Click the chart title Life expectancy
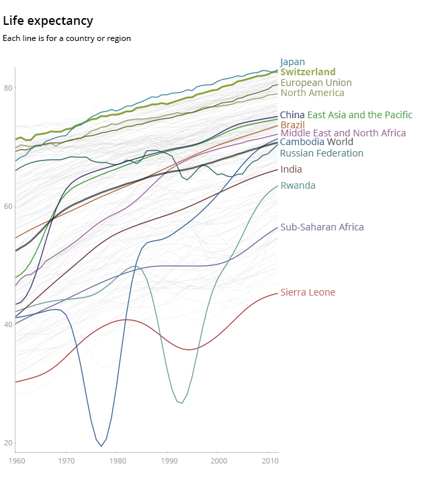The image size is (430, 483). point(48,21)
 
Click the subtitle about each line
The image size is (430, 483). point(67,38)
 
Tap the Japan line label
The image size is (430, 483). point(292,62)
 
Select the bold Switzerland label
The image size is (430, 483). point(308,72)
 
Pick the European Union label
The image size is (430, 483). point(316,83)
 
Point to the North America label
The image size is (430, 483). point(312,93)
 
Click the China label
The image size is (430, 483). point(292,115)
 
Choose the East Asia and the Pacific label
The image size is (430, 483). point(359,115)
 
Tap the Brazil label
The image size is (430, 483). point(292,125)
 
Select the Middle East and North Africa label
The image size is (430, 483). point(343,133)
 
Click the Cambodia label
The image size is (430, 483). point(302,142)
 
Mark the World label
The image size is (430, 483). point(340,142)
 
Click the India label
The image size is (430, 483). point(291,169)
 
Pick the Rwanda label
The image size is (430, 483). point(298,185)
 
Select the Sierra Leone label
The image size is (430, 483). point(308,292)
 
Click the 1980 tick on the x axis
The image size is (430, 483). point(118,461)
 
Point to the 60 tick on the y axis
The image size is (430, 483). point(7,206)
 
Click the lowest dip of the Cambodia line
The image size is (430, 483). point(101,445)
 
